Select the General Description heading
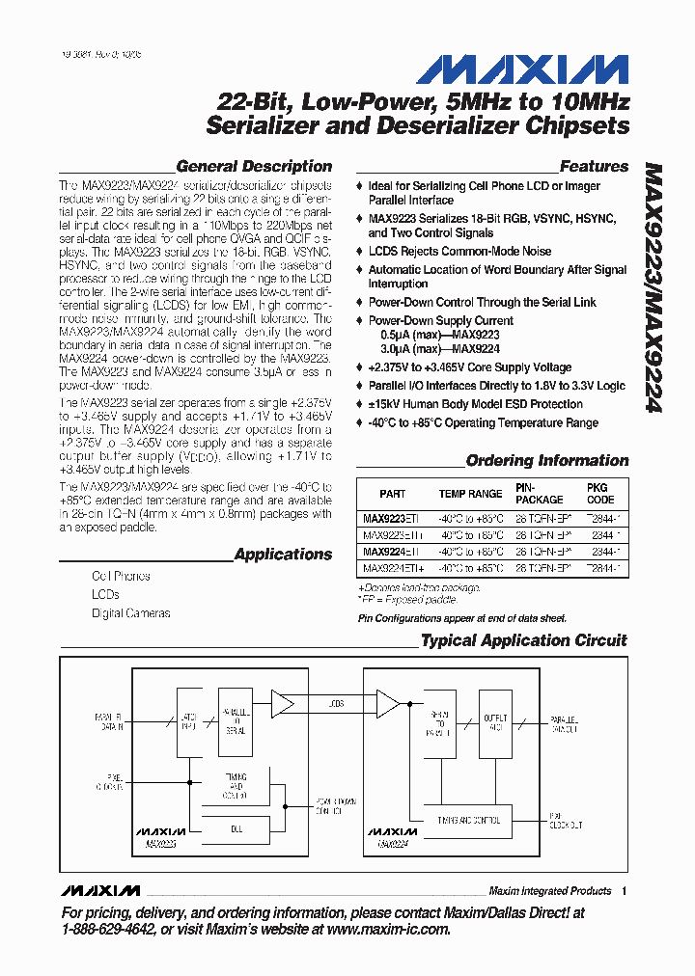coord(254,166)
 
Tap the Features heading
coord(594,166)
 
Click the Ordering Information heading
coord(547,461)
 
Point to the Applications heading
coord(283,555)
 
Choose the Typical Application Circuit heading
coord(524,640)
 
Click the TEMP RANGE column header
coord(471,494)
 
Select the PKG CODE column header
coord(600,494)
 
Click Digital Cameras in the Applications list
coord(130,613)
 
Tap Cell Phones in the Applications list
coord(121,576)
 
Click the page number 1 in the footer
coord(625,891)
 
